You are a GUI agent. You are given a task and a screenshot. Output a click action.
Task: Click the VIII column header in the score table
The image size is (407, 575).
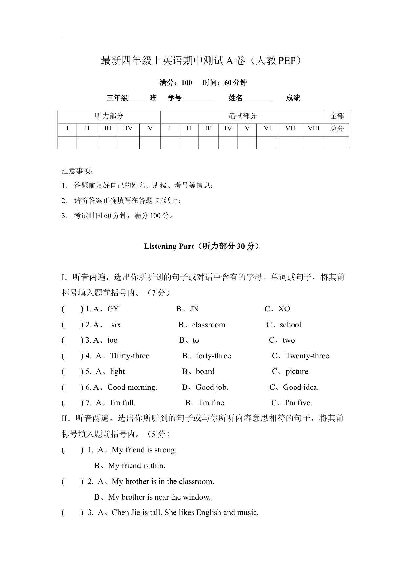pos(313,129)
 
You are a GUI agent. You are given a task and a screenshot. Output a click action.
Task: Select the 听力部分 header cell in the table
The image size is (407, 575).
pos(109,116)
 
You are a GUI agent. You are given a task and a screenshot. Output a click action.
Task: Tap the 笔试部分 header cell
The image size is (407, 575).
pos(242,116)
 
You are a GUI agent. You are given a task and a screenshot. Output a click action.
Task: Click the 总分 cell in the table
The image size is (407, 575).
pos(337,129)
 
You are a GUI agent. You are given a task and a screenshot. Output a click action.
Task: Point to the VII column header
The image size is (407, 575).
pos(290,129)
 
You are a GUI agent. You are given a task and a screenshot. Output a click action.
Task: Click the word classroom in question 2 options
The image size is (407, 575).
pos(209,325)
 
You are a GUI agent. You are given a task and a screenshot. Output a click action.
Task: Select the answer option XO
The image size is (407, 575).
pos(284,309)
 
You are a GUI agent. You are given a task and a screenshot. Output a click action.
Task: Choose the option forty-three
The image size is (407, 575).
pos(213,356)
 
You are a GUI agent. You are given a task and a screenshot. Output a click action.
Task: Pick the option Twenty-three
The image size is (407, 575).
pos(307,356)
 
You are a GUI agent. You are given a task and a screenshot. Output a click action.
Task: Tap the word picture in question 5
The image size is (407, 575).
pos(297,372)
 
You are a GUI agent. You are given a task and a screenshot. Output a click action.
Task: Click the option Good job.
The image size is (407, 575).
pos(212,387)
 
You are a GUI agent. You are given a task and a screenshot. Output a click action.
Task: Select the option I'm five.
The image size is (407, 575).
pos(298,403)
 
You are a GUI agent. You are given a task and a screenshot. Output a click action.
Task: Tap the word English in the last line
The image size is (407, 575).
pos(209,513)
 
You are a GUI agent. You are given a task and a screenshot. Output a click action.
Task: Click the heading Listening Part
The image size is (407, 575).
pos(169,247)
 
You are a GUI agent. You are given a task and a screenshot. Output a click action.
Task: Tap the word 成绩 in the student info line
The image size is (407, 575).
pos(293,98)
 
